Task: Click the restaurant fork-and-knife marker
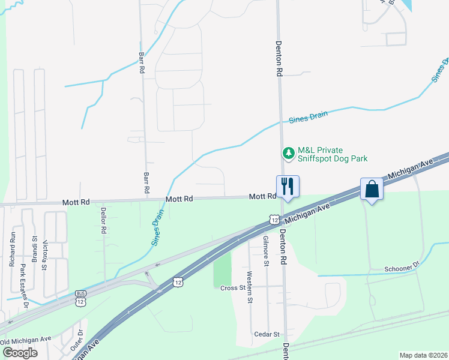288,186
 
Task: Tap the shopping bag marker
372,189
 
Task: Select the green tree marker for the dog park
289,154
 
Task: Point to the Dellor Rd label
103,220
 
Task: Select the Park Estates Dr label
25,285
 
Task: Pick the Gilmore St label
265,250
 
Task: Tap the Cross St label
234,288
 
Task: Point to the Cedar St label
267,334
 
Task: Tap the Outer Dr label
79,340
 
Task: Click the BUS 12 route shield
81,298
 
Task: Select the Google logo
20,352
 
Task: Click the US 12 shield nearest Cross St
178,281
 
